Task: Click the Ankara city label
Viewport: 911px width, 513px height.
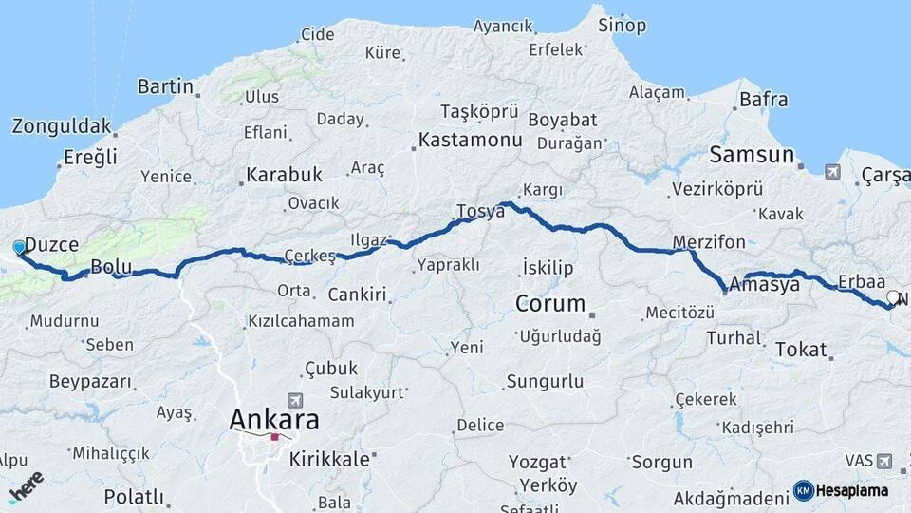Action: pos(274,419)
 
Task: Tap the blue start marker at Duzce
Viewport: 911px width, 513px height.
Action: pos(19,248)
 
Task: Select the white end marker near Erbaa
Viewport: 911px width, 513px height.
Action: pos(892,298)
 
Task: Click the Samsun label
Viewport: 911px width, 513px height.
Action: pos(752,155)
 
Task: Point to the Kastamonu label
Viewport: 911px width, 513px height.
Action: pos(471,141)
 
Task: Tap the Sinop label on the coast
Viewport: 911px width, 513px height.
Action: pos(622,26)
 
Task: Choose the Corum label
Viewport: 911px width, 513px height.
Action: pos(550,304)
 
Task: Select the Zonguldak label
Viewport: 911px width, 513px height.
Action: pos(62,126)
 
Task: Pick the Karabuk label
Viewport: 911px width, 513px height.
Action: pos(284,175)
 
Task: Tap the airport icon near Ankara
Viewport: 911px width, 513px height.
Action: pos(294,400)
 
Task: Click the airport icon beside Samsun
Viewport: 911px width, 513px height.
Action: pos(832,172)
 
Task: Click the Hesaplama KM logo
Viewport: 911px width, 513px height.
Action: pos(841,490)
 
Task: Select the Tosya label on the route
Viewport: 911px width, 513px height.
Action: pos(480,211)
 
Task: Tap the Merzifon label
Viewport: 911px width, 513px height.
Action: pos(708,241)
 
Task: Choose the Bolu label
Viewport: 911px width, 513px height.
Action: pos(110,265)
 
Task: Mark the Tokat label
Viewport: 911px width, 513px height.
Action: pos(801,350)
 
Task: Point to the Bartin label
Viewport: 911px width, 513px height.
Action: pos(165,87)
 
